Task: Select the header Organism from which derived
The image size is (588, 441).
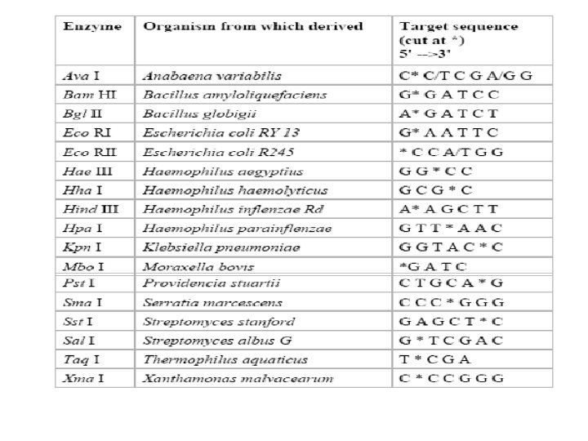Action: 252,27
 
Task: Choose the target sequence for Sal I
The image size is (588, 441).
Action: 442,341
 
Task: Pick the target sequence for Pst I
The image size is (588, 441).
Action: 442,283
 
